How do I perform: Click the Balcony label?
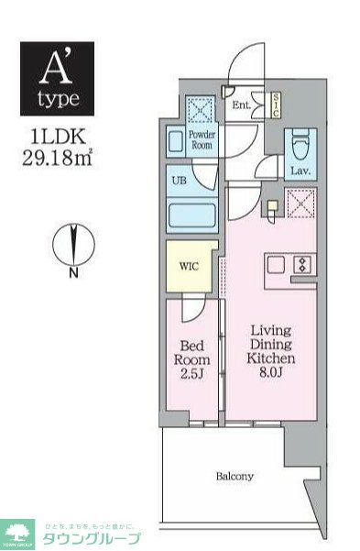click(x=235, y=477)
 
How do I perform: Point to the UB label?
click(x=180, y=180)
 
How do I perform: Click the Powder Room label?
click(x=202, y=139)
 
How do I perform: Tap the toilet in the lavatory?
click(x=300, y=146)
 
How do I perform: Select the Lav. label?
click(x=300, y=171)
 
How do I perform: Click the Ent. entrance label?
click(x=241, y=105)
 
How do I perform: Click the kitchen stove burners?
click(x=301, y=265)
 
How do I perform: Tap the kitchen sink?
click(x=274, y=265)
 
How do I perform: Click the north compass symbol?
click(x=70, y=244)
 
